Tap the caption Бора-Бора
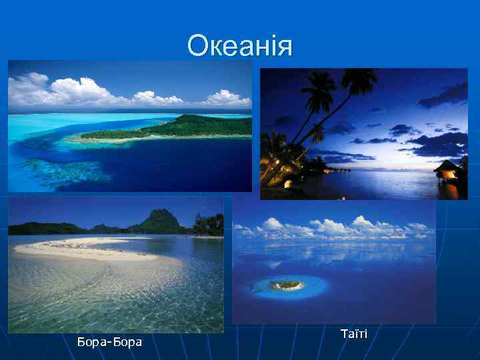[109, 342]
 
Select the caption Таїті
[353, 333]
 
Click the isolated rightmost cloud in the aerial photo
[227, 97]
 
